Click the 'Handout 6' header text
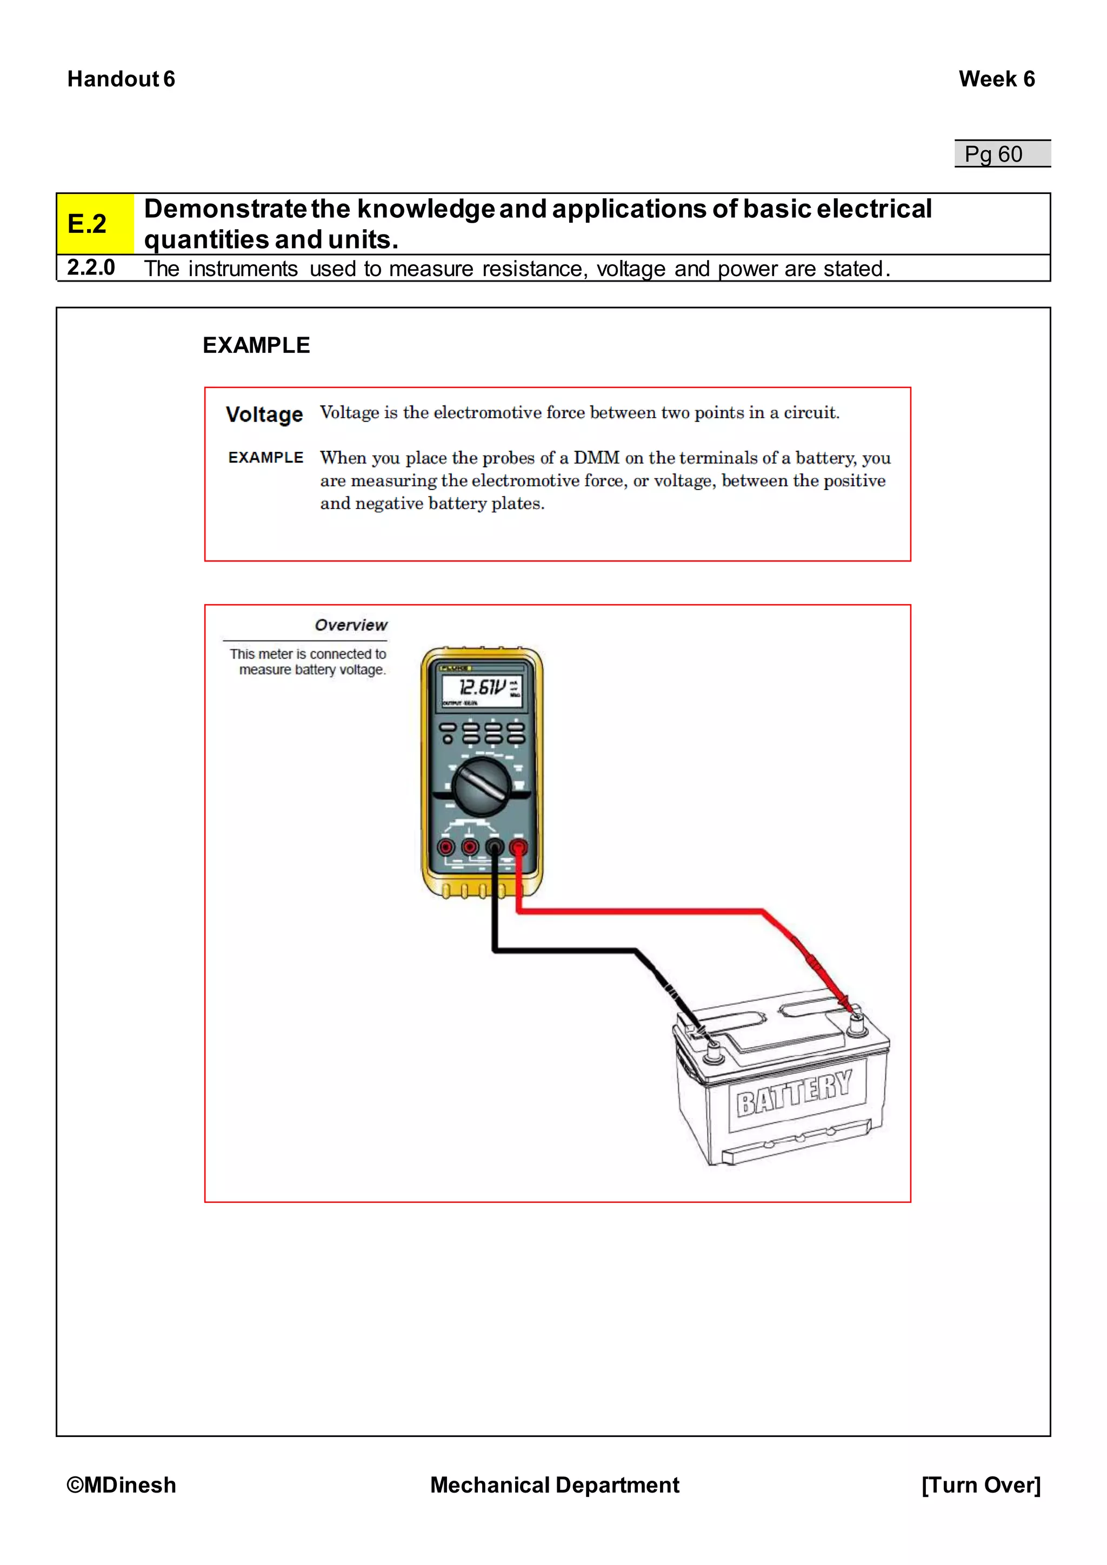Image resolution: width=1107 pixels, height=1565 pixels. pos(121,79)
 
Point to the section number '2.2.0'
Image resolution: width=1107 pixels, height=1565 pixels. pos(91,267)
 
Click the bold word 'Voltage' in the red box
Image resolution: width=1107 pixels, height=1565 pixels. pos(264,414)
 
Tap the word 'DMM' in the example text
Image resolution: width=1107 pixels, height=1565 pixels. pos(596,457)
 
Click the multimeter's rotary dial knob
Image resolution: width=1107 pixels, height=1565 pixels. pos(482,788)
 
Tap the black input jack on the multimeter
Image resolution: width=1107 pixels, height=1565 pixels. pos(494,847)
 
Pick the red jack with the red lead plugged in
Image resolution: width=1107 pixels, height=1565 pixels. pos(518,847)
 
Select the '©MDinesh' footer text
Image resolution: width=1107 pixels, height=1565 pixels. pos(121,1484)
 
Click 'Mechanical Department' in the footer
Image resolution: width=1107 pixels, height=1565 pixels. pos(554,1484)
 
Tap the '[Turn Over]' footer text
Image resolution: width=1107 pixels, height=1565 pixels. pos(980,1484)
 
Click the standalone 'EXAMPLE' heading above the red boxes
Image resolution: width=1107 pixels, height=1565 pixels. pos(256,345)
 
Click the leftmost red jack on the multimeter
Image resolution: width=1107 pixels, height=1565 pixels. pos(446,847)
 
